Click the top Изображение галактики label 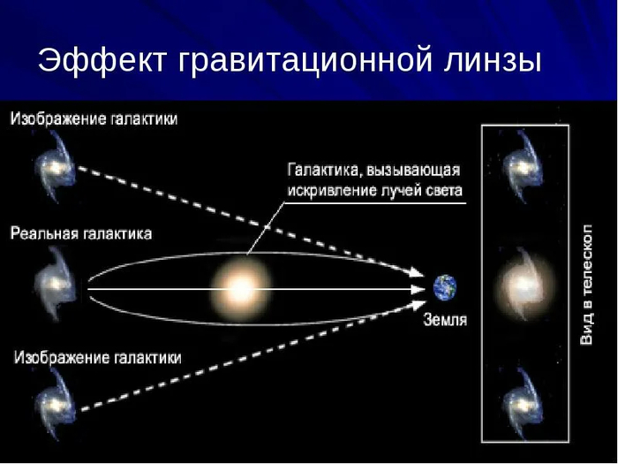[x=94, y=118]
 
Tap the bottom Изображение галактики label [x=97, y=358]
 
